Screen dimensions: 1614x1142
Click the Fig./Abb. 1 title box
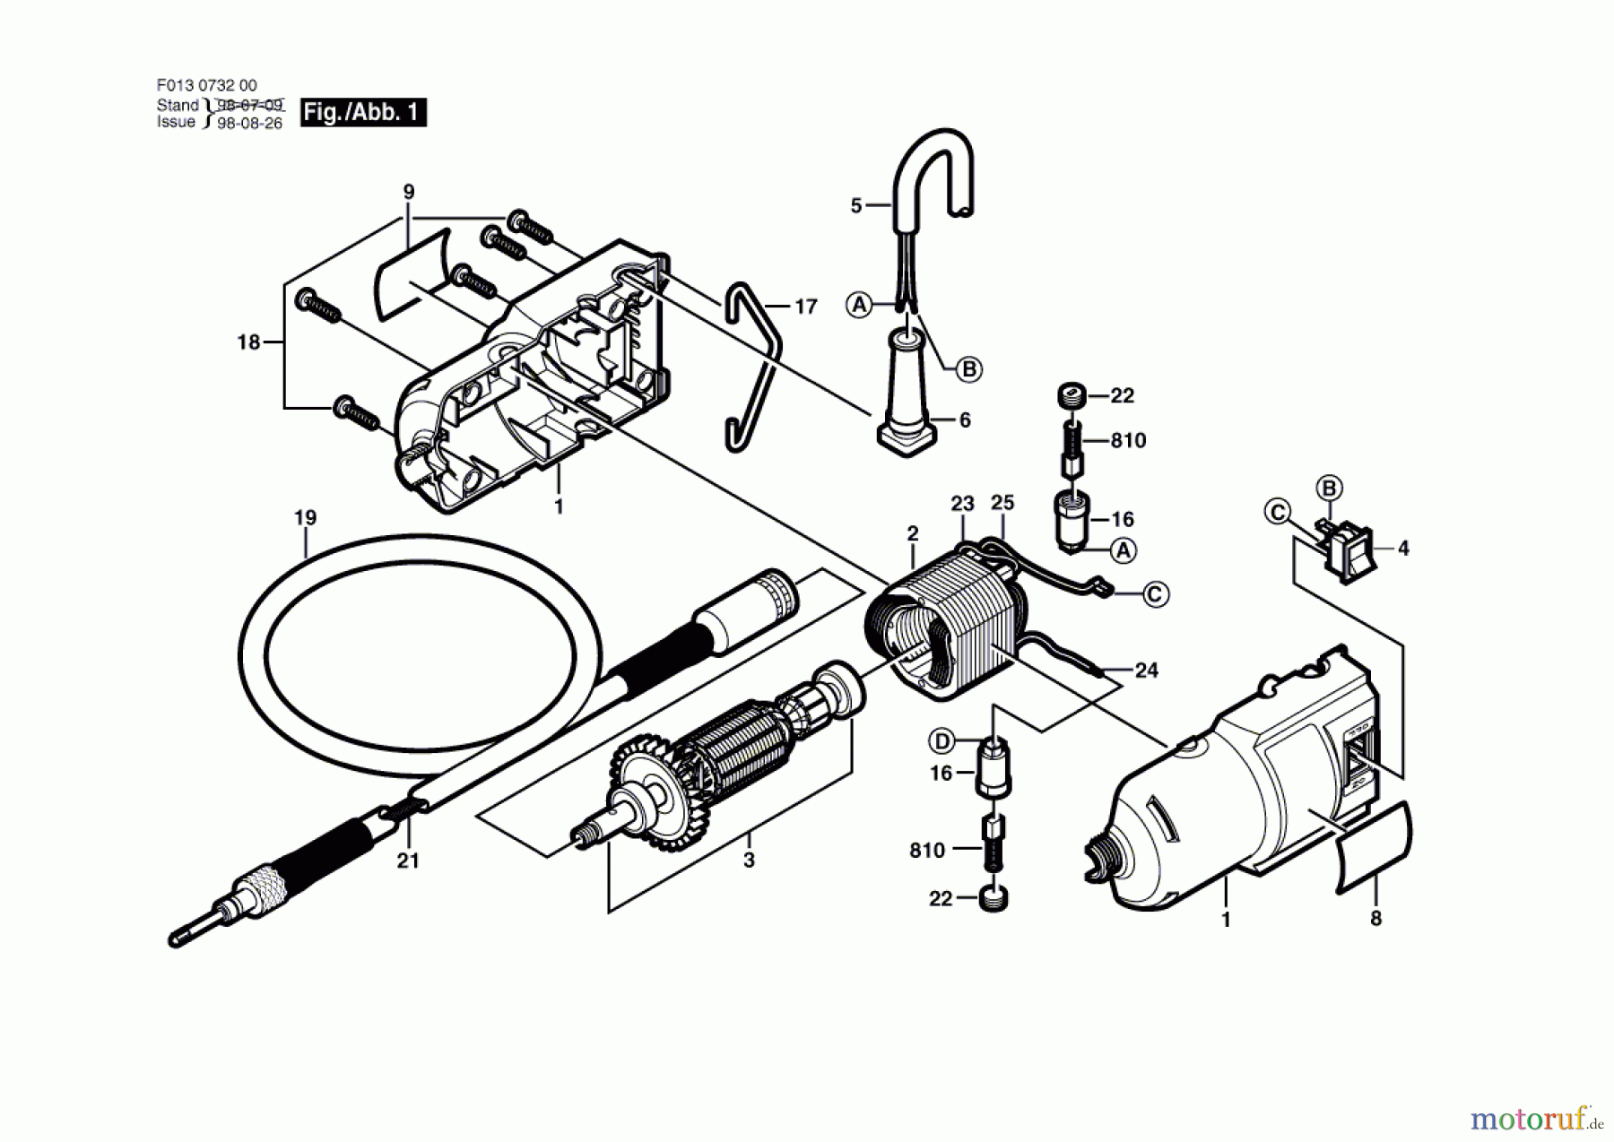pyautogui.click(x=363, y=112)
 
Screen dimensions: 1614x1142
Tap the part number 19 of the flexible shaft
pyautogui.click(x=305, y=518)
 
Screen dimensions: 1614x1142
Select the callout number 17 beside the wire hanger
pyautogui.click(x=806, y=307)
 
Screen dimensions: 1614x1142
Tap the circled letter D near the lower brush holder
pyautogui.click(x=941, y=741)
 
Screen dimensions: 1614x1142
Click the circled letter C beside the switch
pyautogui.click(x=1277, y=513)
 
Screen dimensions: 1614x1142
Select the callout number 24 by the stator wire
pyautogui.click(x=1146, y=670)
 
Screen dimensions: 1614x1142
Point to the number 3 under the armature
pyautogui.click(x=749, y=861)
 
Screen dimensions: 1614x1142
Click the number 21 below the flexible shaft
pyautogui.click(x=408, y=861)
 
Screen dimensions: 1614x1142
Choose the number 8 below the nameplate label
pyautogui.click(x=1376, y=919)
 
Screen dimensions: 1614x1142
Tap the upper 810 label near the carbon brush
pyautogui.click(x=1128, y=440)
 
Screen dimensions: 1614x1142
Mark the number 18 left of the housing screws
pyautogui.click(x=248, y=342)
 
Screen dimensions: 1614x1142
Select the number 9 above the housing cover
pyautogui.click(x=409, y=192)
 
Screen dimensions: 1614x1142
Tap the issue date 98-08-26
pyautogui.click(x=249, y=124)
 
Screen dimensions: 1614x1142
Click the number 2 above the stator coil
pyautogui.click(x=913, y=533)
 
